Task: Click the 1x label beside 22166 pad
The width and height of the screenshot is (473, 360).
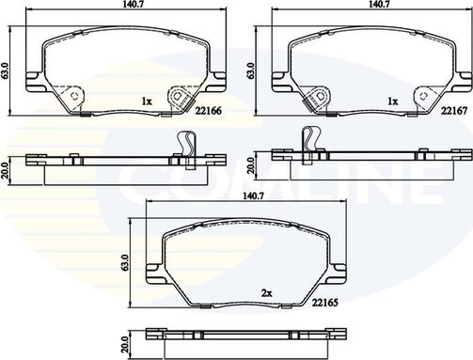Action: (146, 100)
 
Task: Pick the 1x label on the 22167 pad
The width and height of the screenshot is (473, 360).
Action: (391, 100)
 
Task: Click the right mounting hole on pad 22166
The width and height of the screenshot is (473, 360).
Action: (175, 97)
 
